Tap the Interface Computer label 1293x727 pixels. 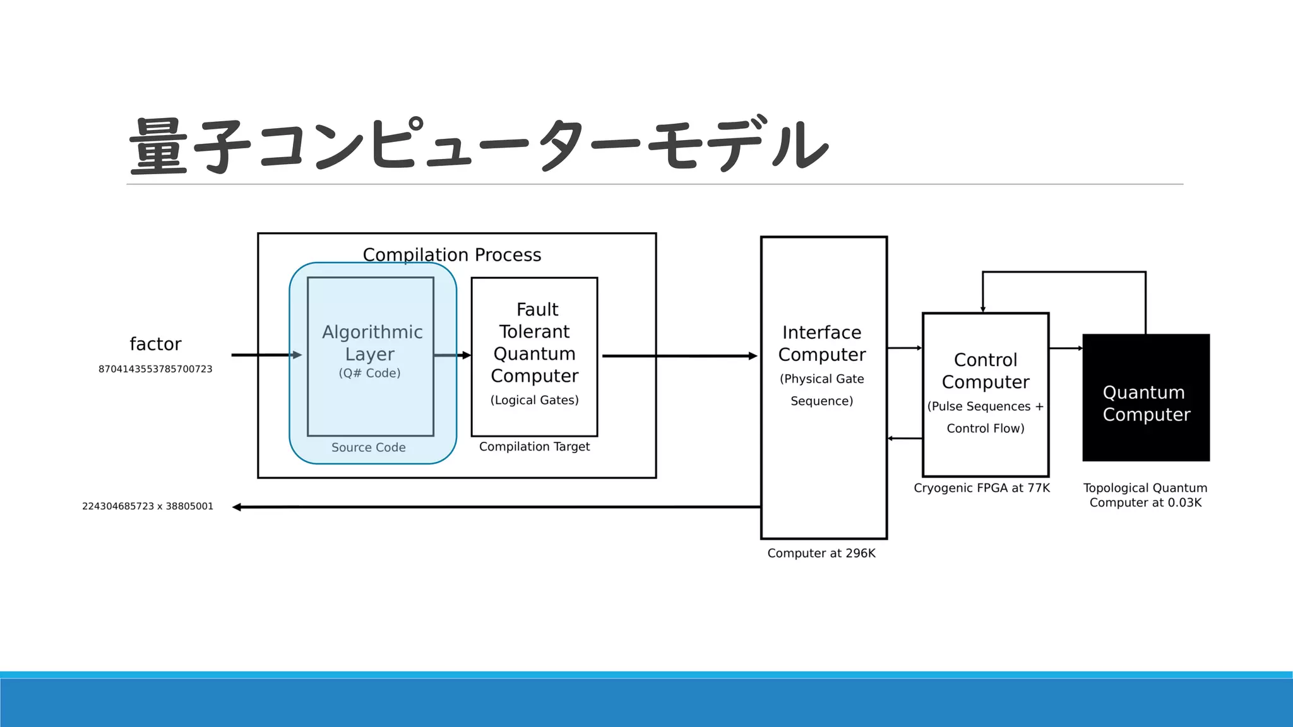pyautogui.click(x=822, y=343)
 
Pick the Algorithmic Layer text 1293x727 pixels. pyautogui.click(x=372, y=343)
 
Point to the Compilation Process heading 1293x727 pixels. pyautogui.click(x=452, y=254)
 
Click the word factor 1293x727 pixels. pyautogui.click(x=155, y=344)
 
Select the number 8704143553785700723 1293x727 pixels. pyautogui.click(x=155, y=369)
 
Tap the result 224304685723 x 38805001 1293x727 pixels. pyautogui.click(x=148, y=506)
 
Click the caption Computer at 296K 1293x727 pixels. pyautogui.click(x=821, y=553)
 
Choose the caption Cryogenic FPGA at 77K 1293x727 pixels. pyautogui.click(x=982, y=488)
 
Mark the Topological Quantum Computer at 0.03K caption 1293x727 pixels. pyautogui.click(x=1145, y=495)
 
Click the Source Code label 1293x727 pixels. pyautogui.click(x=369, y=447)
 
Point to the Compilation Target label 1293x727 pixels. pyautogui.click(x=534, y=447)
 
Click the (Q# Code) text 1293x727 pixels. pyautogui.click(x=370, y=373)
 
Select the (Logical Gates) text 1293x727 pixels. pyautogui.click(x=534, y=400)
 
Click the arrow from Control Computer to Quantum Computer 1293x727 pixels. pyautogui.click(x=1066, y=348)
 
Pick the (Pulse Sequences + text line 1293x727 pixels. pyautogui.click(x=985, y=406)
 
